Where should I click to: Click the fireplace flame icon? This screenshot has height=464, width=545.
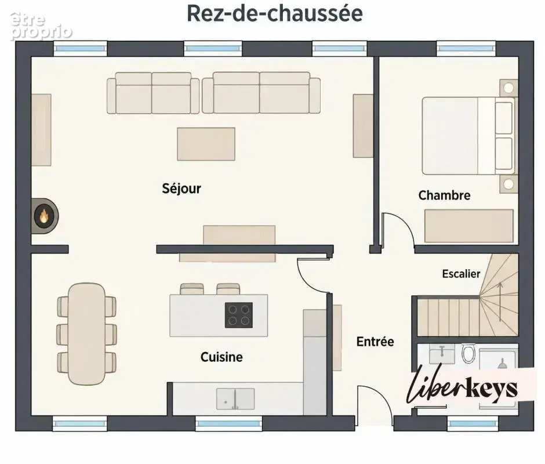click(43, 216)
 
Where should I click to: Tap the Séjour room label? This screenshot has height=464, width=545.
click(181, 188)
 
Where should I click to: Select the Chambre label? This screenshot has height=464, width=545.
click(444, 195)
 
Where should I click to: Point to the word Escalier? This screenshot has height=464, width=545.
click(461, 274)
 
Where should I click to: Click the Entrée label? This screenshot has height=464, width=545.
click(375, 342)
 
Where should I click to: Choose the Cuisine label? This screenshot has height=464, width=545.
click(221, 357)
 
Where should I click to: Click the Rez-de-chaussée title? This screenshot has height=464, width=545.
click(275, 13)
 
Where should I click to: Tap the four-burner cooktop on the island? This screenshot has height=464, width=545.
click(239, 315)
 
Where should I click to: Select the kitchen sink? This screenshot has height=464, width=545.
click(235, 398)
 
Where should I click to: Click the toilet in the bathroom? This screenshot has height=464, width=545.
click(468, 353)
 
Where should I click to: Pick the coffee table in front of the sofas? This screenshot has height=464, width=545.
click(206, 144)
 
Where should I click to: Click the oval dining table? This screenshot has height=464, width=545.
click(86, 334)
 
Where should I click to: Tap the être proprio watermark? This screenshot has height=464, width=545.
click(41, 26)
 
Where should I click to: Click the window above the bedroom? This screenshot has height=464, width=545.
click(466, 48)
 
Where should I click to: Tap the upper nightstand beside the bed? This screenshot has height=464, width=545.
click(508, 88)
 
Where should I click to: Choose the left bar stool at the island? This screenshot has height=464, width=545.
click(192, 289)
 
